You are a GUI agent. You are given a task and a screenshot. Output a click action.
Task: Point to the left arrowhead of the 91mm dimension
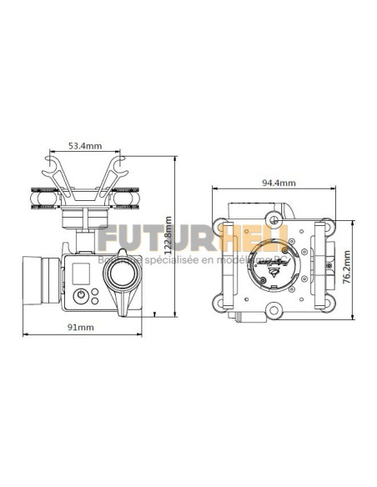[25, 336]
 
